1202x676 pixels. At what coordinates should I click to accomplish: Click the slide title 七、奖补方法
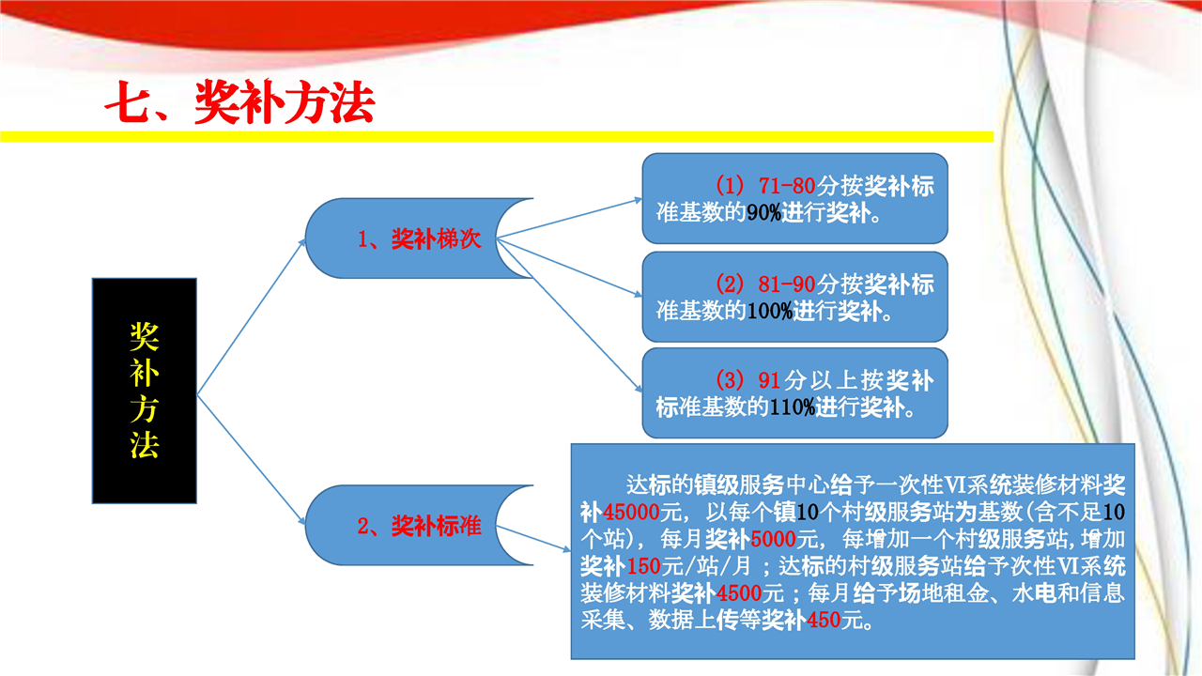point(239,102)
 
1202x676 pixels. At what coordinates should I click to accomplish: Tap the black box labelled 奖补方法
point(145,391)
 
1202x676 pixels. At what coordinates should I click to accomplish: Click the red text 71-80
point(787,186)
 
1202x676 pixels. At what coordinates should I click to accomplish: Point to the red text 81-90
point(787,284)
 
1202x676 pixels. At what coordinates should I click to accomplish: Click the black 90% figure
point(763,213)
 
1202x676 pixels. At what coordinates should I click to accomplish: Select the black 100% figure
point(769,311)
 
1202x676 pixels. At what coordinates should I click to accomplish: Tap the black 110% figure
point(792,407)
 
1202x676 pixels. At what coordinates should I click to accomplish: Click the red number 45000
point(631,513)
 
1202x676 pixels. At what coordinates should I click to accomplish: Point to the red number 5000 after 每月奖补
point(773,539)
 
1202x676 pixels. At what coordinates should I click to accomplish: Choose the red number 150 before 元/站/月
point(643,566)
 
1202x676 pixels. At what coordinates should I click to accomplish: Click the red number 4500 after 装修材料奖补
point(738,593)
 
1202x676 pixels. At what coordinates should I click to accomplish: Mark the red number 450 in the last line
point(824,621)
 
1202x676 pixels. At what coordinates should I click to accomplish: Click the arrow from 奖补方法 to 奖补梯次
point(251,317)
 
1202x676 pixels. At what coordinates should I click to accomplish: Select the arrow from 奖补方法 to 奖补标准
point(251,460)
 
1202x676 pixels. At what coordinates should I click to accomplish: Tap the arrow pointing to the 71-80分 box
point(569,218)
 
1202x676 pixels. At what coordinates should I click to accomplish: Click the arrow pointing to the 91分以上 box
point(569,315)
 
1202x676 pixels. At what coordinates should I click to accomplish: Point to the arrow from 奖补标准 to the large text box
point(533,539)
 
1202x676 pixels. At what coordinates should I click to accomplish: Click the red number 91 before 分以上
point(769,380)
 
